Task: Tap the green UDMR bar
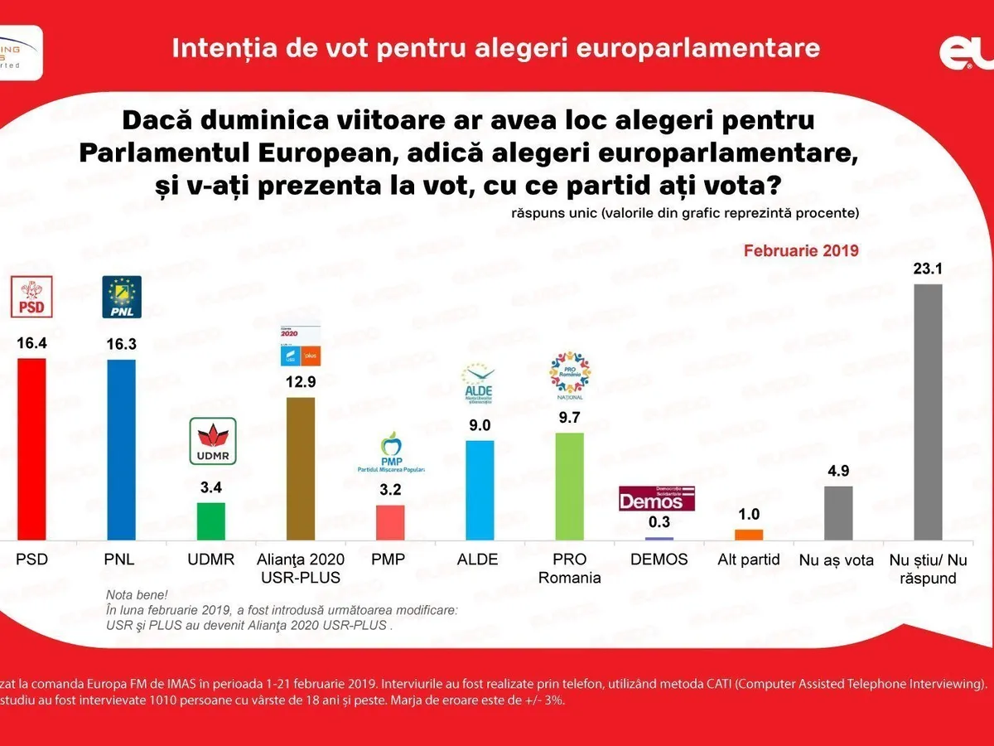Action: click(210, 521)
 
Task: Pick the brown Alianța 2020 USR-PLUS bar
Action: click(300, 469)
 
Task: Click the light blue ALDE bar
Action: click(480, 490)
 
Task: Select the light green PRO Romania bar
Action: click(569, 487)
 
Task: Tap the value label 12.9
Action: click(300, 382)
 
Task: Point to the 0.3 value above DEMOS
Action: click(659, 522)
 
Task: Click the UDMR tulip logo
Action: click(214, 441)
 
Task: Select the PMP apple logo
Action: click(391, 452)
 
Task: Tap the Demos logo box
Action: click(657, 498)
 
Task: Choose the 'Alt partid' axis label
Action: click(749, 559)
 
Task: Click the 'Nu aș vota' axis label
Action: click(836, 560)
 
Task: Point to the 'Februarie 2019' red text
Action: click(801, 249)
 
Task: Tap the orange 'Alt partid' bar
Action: click(749, 535)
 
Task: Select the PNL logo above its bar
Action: click(121, 297)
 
